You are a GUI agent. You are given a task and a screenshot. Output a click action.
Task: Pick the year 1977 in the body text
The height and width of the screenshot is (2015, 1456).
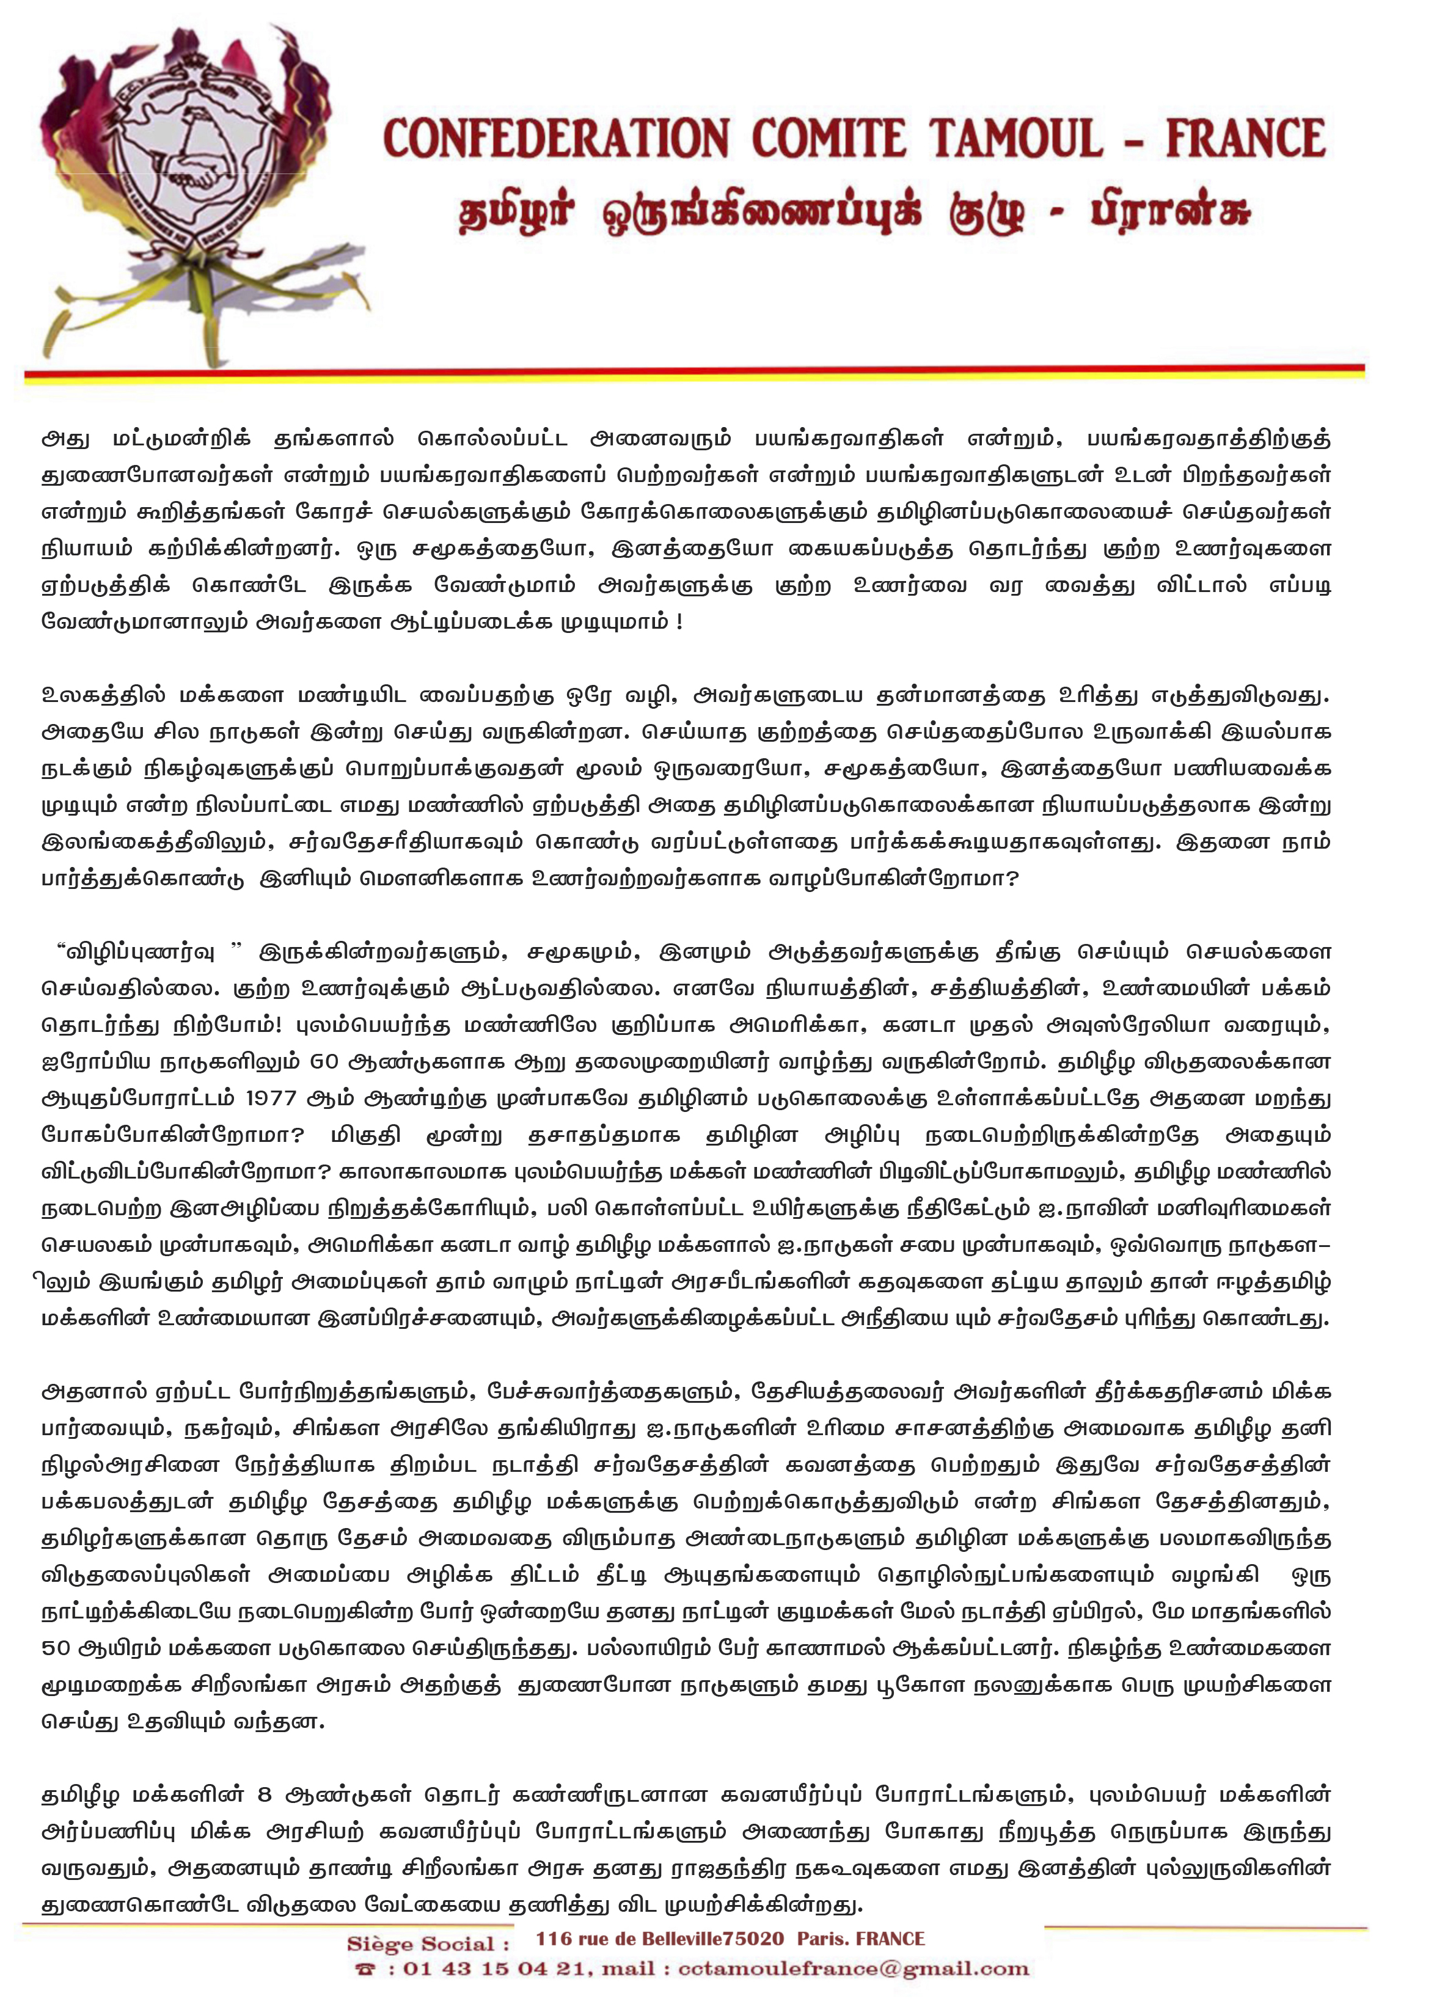[x=271, y=1098]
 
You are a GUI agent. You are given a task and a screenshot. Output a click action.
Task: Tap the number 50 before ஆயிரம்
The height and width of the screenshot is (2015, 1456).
[x=56, y=1647]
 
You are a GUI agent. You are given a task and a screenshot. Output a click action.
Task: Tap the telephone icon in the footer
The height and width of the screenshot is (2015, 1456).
[x=365, y=1970]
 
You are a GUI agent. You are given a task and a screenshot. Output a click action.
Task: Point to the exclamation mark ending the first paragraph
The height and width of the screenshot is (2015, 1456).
[x=679, y=622]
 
